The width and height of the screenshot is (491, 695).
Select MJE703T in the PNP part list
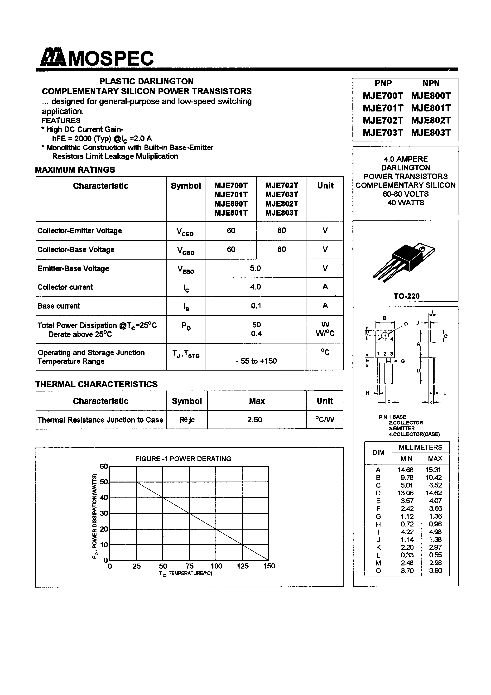(x=383, y=133)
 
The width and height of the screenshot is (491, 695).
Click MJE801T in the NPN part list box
(x=431, y=108)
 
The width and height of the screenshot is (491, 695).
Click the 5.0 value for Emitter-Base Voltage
(x=255, y=268)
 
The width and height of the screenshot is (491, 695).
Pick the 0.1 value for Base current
(x=256, y=306)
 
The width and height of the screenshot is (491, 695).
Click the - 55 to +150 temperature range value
(x=256, y=361)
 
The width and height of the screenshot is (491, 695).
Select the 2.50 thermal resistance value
(x=255, y=420)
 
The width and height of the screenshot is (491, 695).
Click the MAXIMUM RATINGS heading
(x=75, y=170)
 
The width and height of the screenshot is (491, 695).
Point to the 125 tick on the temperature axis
(x=242, y=566)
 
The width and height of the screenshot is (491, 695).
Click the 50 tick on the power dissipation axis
(x=104, y=482)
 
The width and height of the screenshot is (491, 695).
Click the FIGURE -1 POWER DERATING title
(x=183, y=459)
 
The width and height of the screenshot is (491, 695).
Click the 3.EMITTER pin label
(x=401, y=428)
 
